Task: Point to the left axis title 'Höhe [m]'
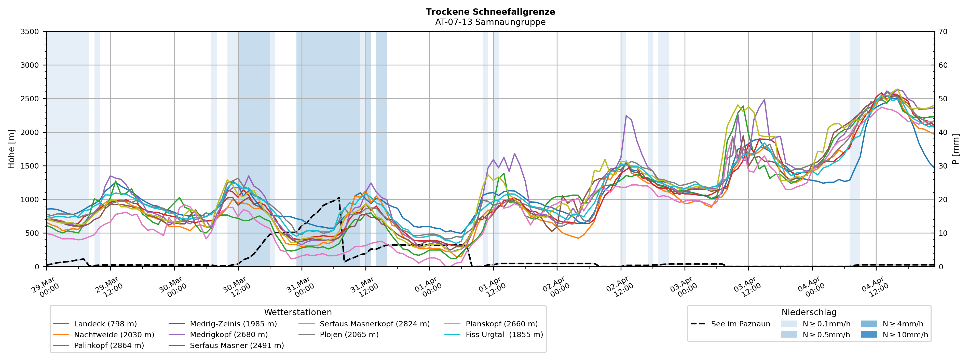click(12, 149)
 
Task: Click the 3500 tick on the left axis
click(30, 32)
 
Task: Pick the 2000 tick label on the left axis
click(30, 132)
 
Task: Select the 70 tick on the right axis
click(943, 32)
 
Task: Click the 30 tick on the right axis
click(943, 166)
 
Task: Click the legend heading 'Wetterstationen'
click(298, 312)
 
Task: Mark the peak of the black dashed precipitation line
click(339, 197)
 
